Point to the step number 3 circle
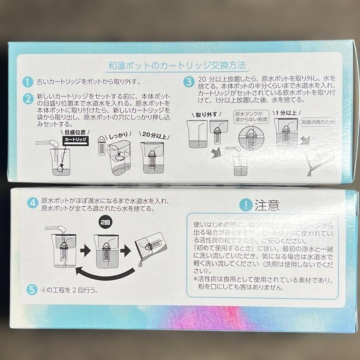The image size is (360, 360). pos(189,82)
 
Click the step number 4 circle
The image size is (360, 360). pos(32,203)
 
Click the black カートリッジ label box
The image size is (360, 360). pos(75,140)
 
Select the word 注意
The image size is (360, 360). pos(267,205)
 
